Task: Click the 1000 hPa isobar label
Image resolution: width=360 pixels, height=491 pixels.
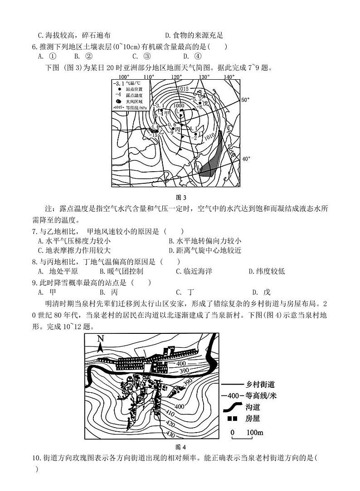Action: [178, 105]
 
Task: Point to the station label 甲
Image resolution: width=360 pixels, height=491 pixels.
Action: [166, 113]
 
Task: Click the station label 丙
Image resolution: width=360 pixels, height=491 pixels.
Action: [177, 130]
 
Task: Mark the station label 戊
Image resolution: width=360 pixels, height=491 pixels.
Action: [204, 103]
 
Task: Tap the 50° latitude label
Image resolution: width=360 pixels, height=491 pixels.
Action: [245, 100]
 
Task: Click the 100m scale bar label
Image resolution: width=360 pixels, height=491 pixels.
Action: [254, 433]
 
